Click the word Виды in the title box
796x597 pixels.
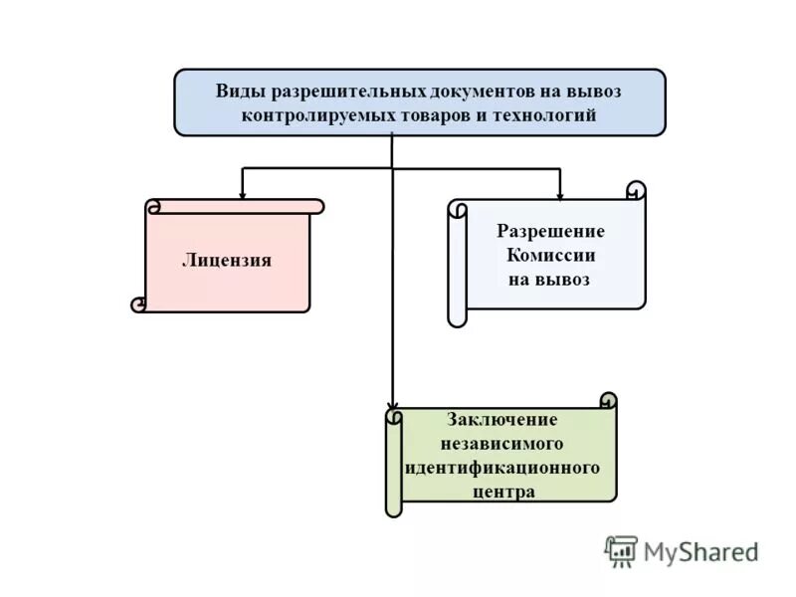coord(236,91)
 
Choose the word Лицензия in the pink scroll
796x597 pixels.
coord(227,261)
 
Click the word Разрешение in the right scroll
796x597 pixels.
coord(550,231)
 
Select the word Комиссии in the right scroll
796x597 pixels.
coord(550,255)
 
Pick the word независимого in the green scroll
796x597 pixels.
coord(502,443)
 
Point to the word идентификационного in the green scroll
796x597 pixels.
coord(502,467)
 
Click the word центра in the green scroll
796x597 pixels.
coord(502,491)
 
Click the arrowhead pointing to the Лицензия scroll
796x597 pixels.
coord(242,192)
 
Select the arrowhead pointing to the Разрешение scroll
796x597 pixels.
coord(560,192)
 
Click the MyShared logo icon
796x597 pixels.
coord(621,550)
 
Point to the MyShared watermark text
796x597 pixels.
coord(700,551)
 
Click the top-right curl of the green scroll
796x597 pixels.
coord(608,400)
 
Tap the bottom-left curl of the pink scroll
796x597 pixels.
coord(139,304)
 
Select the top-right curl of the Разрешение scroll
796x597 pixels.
coord(636,190)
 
